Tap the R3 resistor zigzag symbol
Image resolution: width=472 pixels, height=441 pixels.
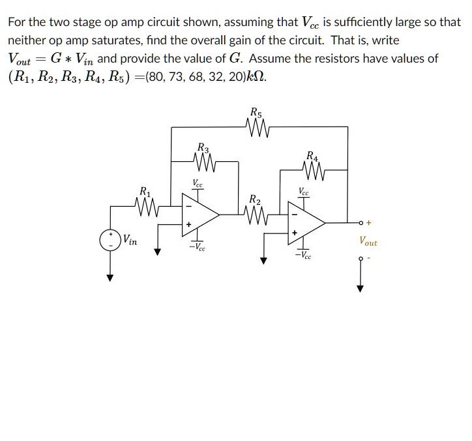point(204,159)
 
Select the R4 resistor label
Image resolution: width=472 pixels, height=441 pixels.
point(312,156)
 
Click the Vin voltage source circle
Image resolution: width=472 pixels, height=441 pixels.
point(111,239)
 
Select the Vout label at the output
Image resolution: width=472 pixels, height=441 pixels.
point(368,241)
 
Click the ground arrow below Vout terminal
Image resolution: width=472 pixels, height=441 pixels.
point(359,287)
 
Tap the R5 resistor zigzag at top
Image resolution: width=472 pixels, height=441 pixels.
point(256,126)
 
